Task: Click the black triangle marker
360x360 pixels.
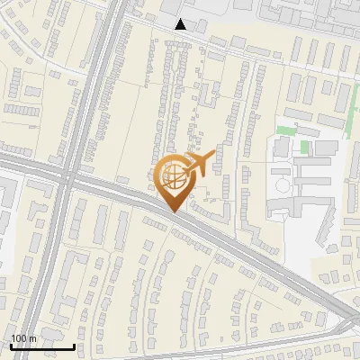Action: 181,24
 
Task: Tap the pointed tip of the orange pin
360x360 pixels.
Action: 174,211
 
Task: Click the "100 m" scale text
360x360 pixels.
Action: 24,338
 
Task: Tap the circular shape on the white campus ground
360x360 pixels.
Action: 283,184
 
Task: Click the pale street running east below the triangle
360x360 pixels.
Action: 270,54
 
